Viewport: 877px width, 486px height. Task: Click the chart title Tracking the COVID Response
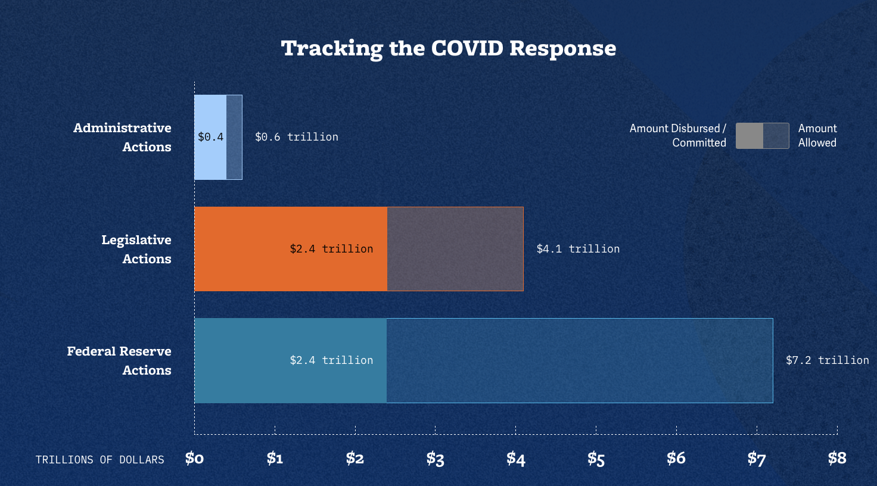(448, 48)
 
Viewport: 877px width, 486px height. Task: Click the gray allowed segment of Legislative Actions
(455, 249)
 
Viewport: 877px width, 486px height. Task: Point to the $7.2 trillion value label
(827, 360)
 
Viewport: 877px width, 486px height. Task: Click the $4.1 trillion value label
(578, 249)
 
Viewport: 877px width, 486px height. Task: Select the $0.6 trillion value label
(296, 137)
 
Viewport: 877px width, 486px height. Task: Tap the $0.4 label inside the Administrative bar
(210, 137)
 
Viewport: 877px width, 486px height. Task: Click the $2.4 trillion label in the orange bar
(331, 249)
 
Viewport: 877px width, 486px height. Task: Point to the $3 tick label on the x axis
(435, 459)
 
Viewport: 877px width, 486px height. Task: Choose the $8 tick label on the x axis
(837, 458)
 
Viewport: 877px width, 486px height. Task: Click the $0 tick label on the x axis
(194, 458)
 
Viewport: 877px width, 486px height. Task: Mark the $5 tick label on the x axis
(596, 459)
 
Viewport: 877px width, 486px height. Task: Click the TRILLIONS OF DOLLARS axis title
(99, 460)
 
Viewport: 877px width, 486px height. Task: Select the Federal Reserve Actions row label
(119, 360)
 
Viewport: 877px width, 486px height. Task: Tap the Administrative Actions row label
(122, 137)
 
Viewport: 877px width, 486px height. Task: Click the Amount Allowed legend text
(817, 136)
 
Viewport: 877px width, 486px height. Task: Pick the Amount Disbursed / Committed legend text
(678, 136)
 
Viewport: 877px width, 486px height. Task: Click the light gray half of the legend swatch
(750, 136)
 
